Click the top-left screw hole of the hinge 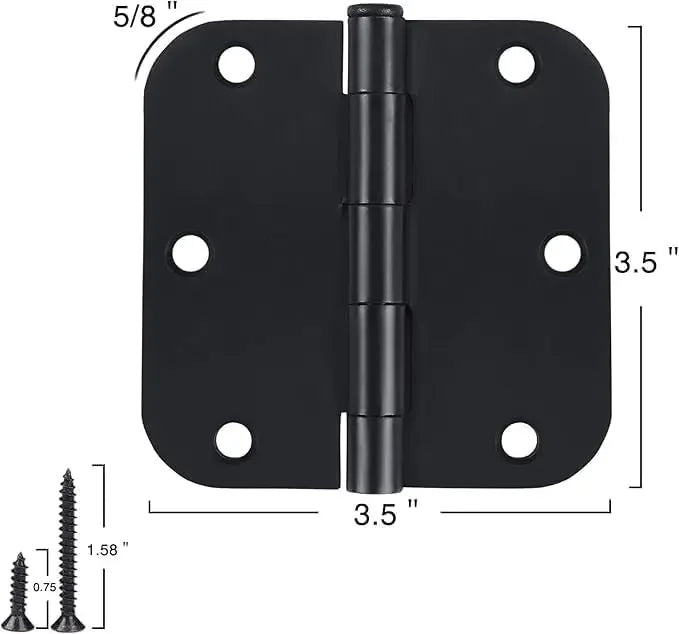pos(236,64)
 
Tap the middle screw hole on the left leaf pos(190,253)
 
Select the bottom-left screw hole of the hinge pos(233,440)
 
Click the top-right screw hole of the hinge pos(517,64)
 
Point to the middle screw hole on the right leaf pos(563,253)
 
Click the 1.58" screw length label pos(108,549)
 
